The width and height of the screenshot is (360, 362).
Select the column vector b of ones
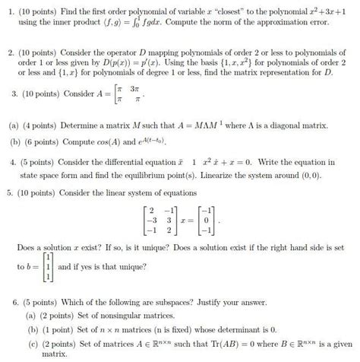(x=48, y=268)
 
